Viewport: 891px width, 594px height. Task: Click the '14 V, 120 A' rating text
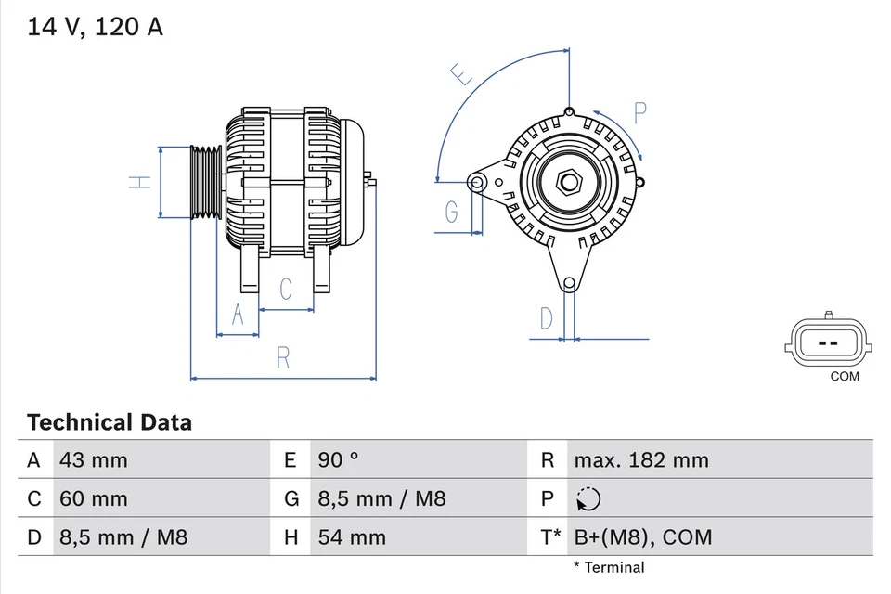[x=95, y=27]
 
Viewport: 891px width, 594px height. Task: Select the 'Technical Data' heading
[x=110, y=423]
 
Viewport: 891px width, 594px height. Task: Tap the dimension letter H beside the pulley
[x=139, y=182]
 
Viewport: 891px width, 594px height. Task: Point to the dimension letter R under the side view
[x=284, y=357]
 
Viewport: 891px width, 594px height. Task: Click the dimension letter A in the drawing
[x=238, y=316]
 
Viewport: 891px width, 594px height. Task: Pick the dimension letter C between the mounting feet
[x=286, y=289]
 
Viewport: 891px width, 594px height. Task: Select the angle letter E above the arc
[x=461, y=74]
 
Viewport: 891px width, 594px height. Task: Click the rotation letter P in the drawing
[x=639, y=113]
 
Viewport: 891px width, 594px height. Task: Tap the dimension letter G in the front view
[x=451, y=213]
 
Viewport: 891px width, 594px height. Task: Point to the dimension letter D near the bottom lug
[x=547, y=318]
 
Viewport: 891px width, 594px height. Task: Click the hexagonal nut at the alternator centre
[x=568, y=182]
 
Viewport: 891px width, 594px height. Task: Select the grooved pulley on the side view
[x=204, y=183]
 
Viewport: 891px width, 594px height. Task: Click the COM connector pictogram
[x=829, y=343]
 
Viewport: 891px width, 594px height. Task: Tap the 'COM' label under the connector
[x=845, y=377]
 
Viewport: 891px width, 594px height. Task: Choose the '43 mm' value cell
[x=94, y=460]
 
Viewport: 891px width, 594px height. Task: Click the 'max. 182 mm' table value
[x=640, y=460]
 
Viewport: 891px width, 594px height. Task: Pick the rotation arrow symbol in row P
[x=588, y=499]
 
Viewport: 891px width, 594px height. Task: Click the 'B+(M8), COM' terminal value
[x=643, y=537]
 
